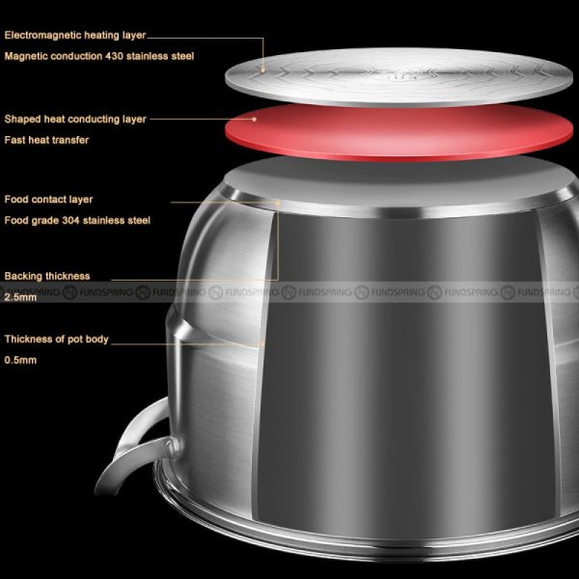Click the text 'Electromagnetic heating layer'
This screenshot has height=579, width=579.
tap(75, 35)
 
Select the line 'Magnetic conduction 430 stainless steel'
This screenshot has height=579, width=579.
tap(99, 56)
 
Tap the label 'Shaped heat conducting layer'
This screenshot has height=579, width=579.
tap(75, 120)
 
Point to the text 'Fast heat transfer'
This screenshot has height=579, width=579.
tap(46, 140)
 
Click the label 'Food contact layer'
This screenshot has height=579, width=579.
tap(48, 200)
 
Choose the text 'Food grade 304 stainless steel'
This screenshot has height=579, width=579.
tap(77, 220)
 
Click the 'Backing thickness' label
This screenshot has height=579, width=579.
tap(47, 276)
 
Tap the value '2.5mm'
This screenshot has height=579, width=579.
tap(20, 297)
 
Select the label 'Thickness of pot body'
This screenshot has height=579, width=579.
tap(57, 340)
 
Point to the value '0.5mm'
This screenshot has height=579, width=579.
tap(20, 360)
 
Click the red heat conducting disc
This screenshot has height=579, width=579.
tap(399, 133)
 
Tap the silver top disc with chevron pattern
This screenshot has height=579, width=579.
tap(399, 77)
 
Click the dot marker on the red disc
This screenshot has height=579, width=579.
tap(254, 120)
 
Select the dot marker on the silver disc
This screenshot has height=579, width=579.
tap(262, 69)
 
